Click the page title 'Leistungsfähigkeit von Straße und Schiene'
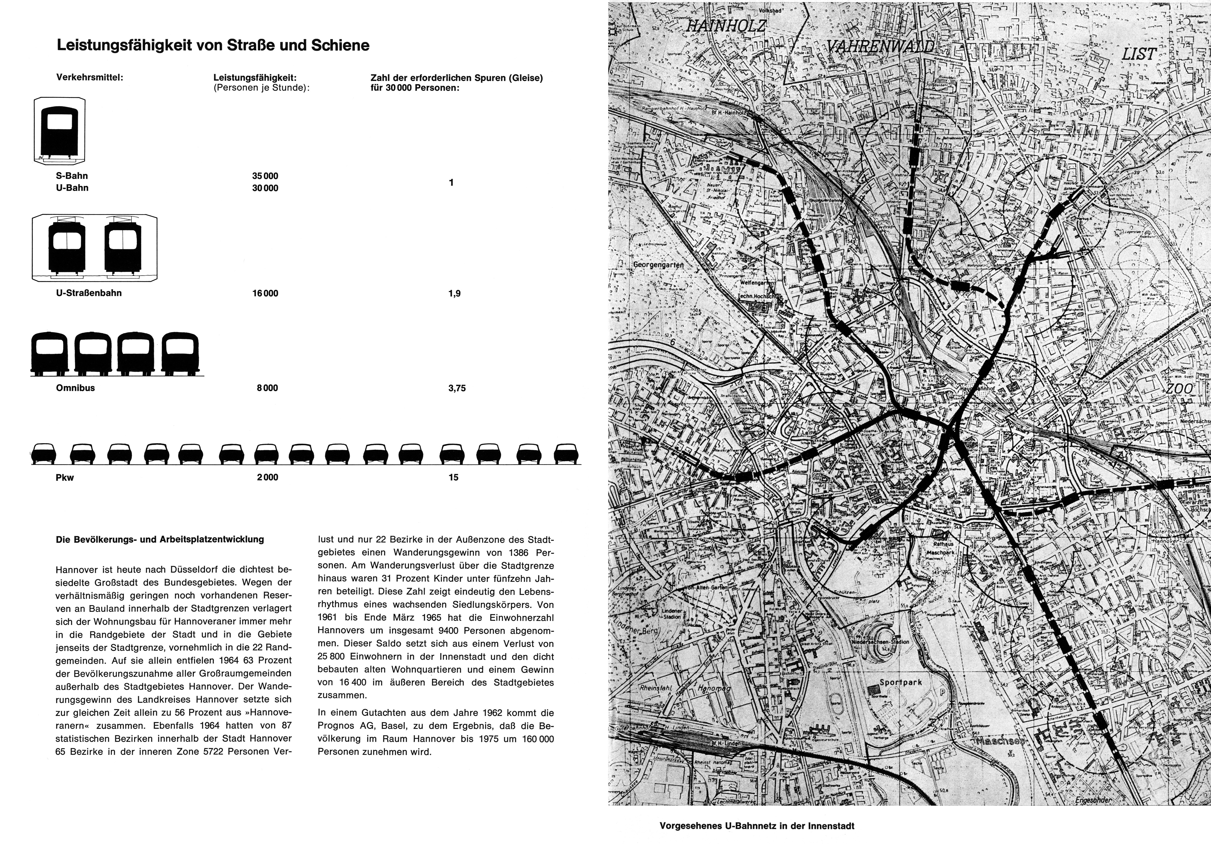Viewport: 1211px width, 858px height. click(213, 45)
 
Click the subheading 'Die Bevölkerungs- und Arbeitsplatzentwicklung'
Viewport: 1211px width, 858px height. click(159, 540)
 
